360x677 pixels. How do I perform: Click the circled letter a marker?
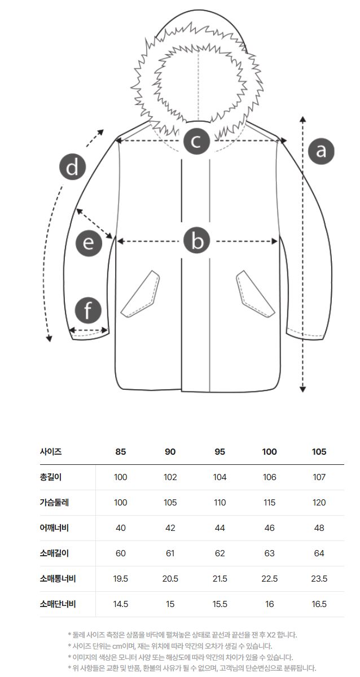[321, 151]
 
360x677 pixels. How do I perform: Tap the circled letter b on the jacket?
[197, 241]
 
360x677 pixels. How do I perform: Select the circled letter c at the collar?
[196, 141]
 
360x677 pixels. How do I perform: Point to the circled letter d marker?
[72, 168]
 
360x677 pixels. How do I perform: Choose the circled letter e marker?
[89, 243]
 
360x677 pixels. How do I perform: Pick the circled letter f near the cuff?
[88, 310]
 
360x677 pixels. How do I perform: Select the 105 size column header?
[319, 452]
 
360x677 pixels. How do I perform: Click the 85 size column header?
[120, 452]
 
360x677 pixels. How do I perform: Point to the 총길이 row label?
[50, 477]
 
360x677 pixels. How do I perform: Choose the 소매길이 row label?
[54, 553]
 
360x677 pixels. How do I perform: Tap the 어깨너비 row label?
[54, 528]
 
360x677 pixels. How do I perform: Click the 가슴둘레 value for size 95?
[219, 503]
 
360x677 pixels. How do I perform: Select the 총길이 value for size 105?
[319, 477]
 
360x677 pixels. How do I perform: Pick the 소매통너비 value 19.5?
[120, 579]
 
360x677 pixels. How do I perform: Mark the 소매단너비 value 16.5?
[319, 604]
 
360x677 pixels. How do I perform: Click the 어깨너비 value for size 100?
[269, 528]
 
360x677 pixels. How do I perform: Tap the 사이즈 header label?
[50, 452]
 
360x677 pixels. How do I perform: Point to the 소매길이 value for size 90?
[170, 553]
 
